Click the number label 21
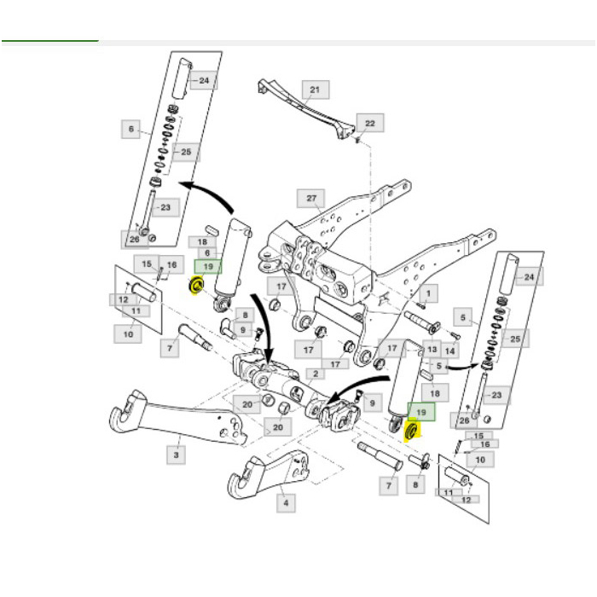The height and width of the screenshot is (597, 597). [x=315, y=90]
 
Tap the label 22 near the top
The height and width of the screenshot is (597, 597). [x=369, y=124]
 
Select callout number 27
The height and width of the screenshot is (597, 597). [x=311, y=199]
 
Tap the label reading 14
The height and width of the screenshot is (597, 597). [x=450, y=351]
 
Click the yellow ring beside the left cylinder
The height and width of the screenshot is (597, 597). [x=195, y=285]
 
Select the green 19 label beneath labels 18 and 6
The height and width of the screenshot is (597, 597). [x=207, y=266]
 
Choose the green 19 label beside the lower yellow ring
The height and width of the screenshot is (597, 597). [x=422, y=413]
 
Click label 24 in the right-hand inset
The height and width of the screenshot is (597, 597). [x=529, y=277]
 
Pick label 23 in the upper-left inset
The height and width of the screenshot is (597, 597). [x=164, y=206]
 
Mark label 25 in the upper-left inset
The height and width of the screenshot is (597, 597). [x=185, y=153]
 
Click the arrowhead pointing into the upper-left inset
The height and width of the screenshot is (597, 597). [x=183, y=183]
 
